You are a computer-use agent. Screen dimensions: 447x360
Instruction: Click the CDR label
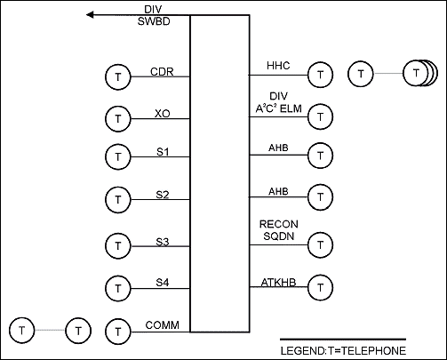(162, 72)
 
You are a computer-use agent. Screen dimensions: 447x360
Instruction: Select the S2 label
(163, 195)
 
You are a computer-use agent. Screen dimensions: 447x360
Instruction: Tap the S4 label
(163, 283)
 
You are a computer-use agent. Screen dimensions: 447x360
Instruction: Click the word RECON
(279, 224)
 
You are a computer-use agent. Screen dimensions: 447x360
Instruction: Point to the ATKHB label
(278, 283)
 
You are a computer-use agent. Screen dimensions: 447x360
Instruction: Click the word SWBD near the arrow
(154, 21)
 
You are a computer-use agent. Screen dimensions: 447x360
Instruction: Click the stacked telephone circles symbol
(420, 73)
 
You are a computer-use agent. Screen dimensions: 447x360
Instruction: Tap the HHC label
(278, 66)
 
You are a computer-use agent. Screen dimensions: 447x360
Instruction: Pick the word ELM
(291, 108)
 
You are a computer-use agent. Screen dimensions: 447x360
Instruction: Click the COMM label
(163, 325)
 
